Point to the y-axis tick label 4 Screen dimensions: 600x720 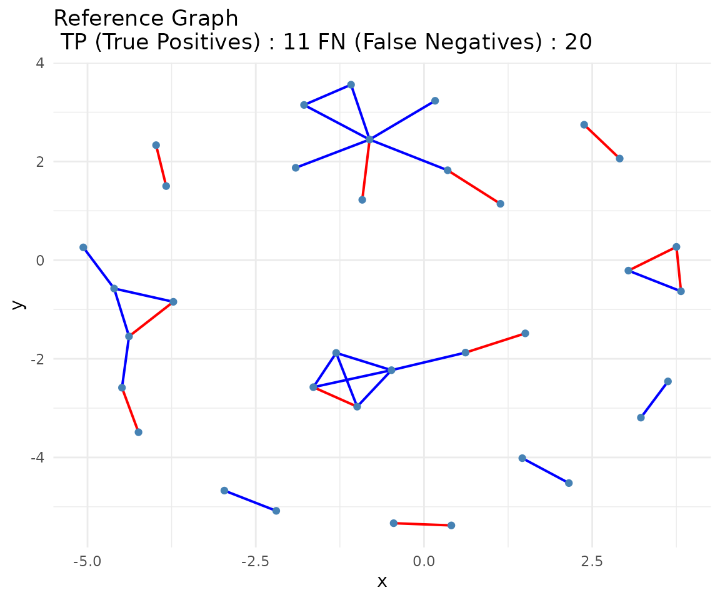click(39, 63)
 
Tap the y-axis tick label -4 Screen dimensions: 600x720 click(37, 457)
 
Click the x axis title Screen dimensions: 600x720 click(382, 582)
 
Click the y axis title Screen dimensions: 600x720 click(19, 304)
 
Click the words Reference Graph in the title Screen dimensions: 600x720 click(146, 19)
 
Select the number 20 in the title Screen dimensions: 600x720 click(578, 42)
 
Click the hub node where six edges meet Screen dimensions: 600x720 click(369, 139)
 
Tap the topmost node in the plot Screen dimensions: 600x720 click(351, 84)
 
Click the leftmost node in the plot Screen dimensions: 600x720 click(83, 247)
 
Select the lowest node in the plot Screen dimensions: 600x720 click(451, 525)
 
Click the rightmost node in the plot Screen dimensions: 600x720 click(681, 291)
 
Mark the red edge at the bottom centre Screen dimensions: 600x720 click(422, 524)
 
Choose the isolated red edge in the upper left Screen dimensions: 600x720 click(161, 166)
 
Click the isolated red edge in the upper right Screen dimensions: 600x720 click(602, 142)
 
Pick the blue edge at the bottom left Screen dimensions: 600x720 click(250, 501)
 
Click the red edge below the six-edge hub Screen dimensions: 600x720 click(366, 169)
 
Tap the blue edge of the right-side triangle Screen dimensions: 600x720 click(654, 281)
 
